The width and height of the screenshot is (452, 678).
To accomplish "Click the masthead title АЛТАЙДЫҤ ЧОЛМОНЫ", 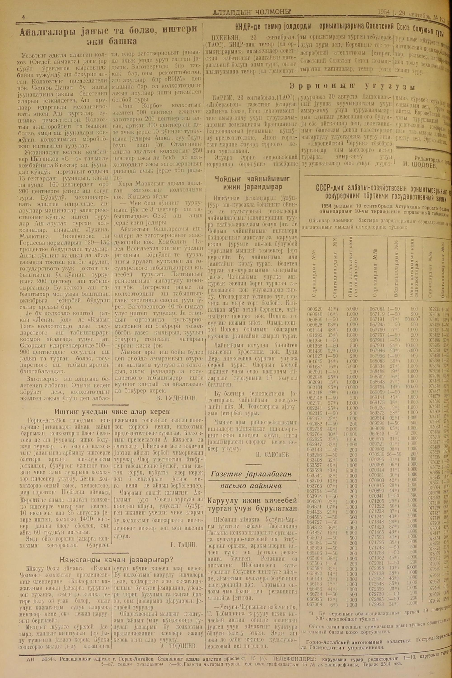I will coord(251,12).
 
